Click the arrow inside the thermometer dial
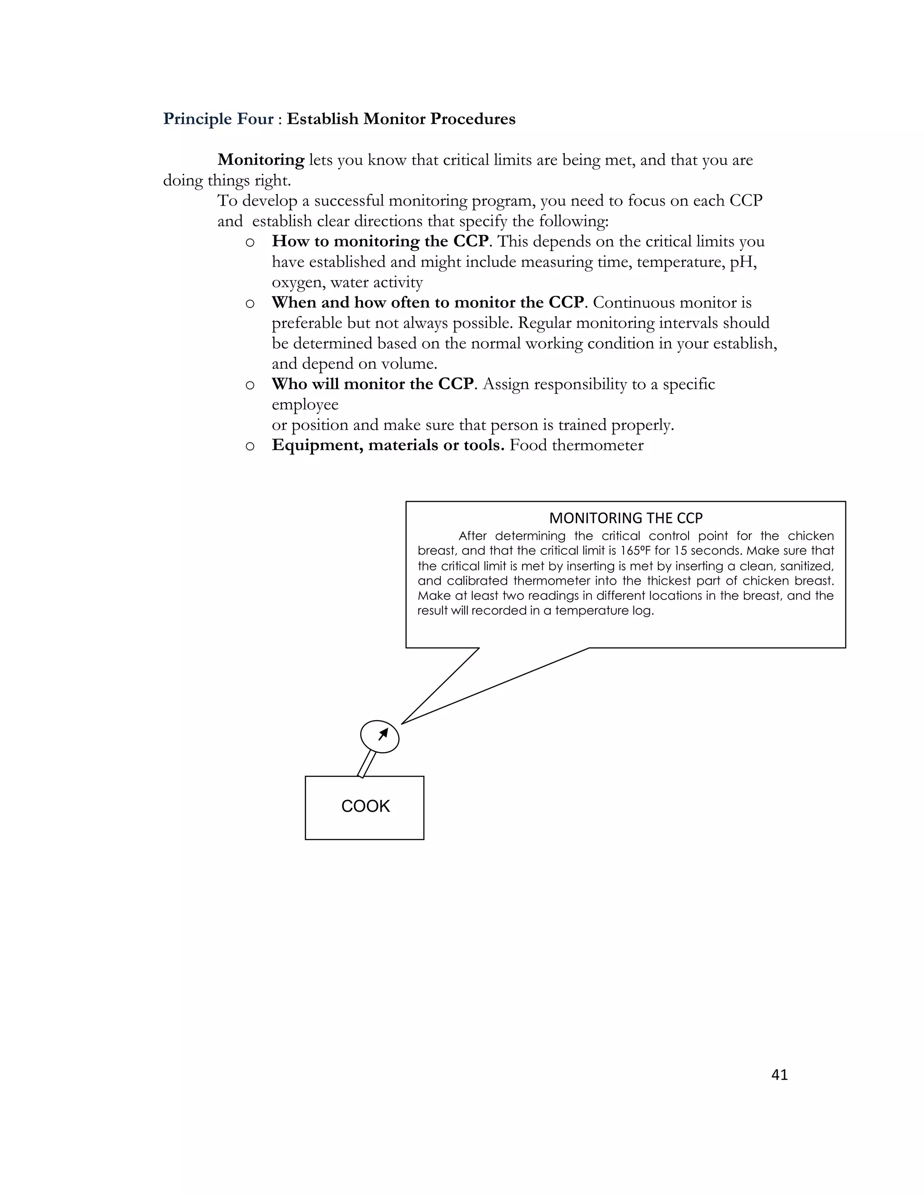(383, 734)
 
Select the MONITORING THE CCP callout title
(626, 518)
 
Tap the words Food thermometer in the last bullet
(577, 445)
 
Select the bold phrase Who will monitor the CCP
(372, 384)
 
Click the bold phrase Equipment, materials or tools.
(388, 445)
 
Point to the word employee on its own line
(305, 404)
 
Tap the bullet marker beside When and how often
(249, 303)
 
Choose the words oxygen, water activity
(347, 282)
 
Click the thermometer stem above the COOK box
(367, 764)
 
